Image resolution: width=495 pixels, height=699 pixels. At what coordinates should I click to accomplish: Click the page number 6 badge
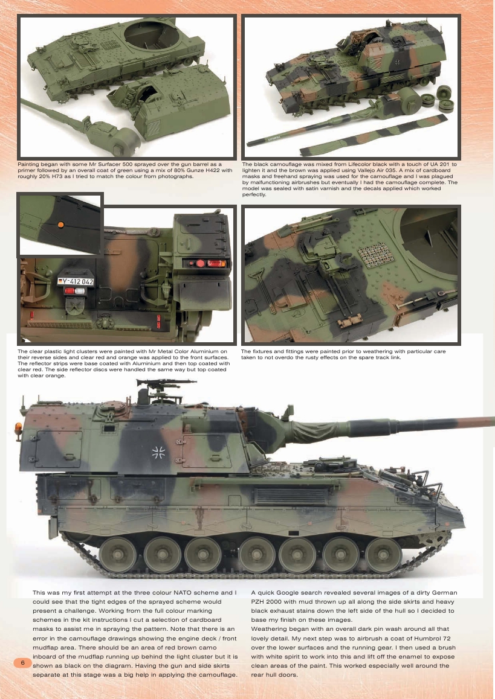22,663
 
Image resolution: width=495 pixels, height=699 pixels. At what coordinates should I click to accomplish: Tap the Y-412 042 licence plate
76,281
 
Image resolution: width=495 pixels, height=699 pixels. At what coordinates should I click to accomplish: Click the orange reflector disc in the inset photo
60,225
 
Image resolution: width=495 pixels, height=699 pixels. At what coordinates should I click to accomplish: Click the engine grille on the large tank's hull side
285,496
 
